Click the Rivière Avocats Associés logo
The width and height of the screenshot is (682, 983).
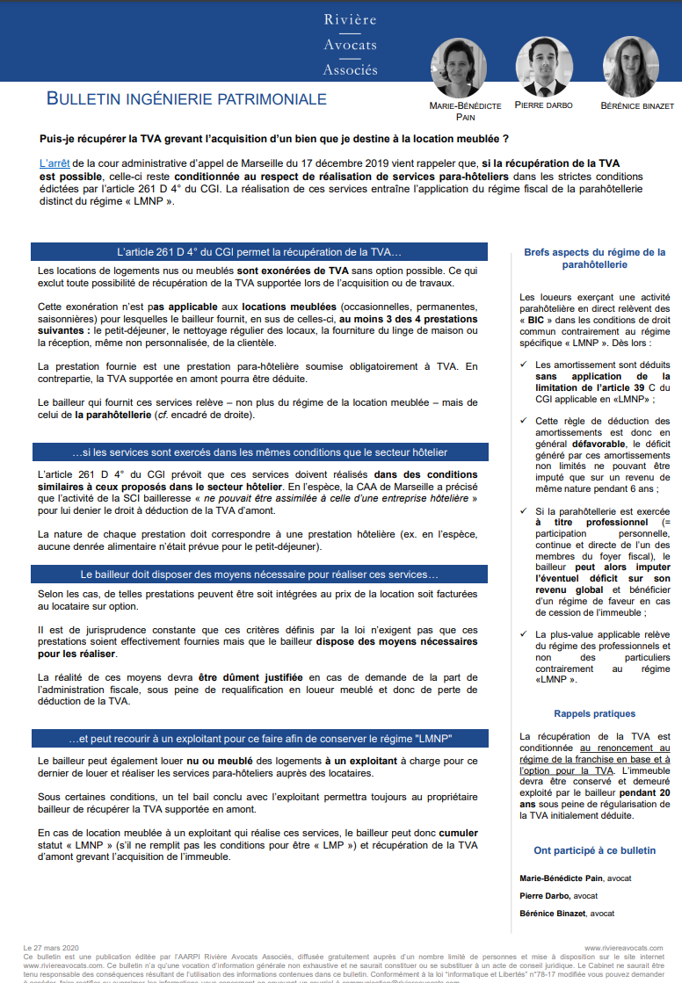pos(350,44)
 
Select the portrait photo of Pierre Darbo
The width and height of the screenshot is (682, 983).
pos(543,67)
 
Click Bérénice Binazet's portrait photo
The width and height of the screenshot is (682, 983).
pos(631,67)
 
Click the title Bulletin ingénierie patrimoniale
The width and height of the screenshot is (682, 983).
pos(186,99)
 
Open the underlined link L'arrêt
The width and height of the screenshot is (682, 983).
pos(54,163)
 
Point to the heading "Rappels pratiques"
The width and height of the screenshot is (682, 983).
pos(595,714)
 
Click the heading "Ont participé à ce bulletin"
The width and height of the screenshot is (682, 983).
pos(595,850)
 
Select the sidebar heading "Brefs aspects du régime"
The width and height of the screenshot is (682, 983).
pos(595,257)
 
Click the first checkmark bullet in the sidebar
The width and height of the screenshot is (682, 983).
pos(525,364)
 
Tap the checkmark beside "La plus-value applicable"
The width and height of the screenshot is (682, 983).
pos(525,633)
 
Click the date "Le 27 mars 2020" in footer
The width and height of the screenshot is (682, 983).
pos(51,948)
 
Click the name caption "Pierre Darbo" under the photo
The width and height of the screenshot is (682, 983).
pos(543,105)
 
